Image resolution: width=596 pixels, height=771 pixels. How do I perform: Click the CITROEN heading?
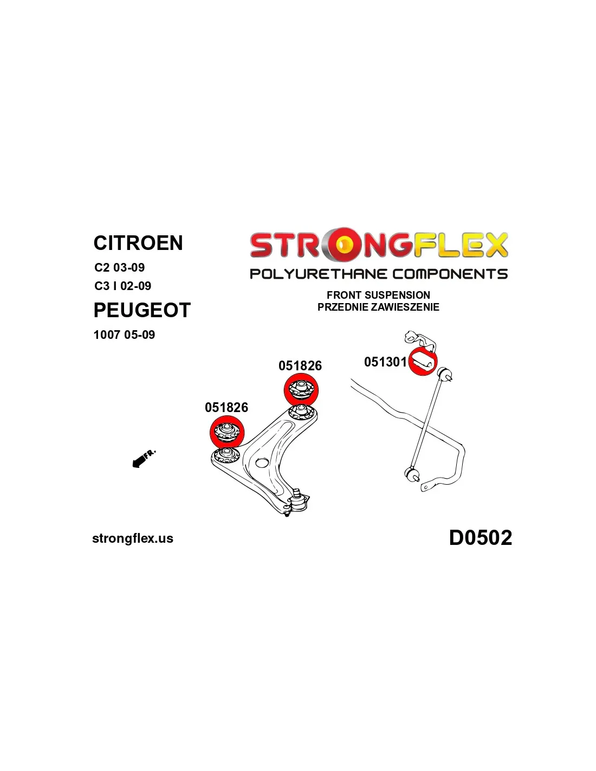coord(138,243)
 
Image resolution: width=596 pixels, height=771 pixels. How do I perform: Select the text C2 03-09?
coord(120,267)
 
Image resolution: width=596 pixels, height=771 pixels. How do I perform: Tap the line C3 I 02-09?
coord(122,286)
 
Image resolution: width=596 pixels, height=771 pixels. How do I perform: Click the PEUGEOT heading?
coord(142,310)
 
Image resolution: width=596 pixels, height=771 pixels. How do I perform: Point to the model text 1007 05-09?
coord(124,335)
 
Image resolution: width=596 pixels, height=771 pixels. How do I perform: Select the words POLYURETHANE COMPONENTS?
coord(379,274)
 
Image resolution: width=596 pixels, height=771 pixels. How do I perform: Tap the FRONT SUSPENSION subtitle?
coord(378,295)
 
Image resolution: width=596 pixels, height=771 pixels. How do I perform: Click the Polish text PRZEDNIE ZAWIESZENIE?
coord(378,307)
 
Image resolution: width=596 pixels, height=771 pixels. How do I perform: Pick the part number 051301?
coord(385,362)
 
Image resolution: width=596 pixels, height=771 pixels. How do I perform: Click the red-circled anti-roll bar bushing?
coord(423,362)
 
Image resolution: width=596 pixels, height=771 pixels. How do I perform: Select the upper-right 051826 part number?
coord(300,366)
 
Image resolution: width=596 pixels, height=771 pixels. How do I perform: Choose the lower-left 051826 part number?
coord(226,407)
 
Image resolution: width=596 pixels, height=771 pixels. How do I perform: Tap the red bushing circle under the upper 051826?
coord(301,390)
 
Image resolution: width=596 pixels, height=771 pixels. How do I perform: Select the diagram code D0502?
coord(481,538)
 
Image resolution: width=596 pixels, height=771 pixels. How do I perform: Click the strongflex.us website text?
coord(133,538)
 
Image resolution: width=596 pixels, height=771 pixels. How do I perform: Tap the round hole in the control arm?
coord(262,464)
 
